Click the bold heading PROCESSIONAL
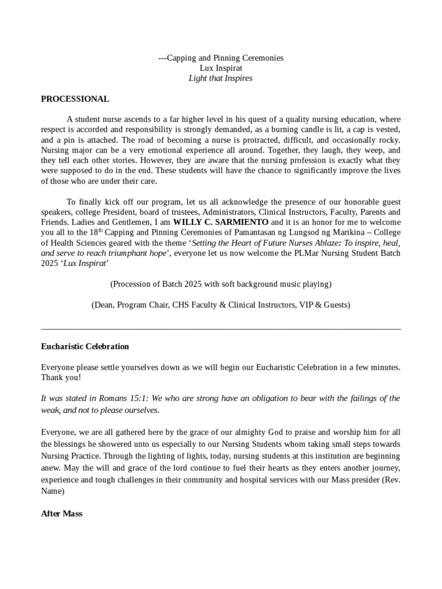click(75, 99)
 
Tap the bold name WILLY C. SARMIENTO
click(221, 222)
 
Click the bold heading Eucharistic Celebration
click(85, 346)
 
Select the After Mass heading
click(62, 514)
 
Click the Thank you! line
click(61, 378)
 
